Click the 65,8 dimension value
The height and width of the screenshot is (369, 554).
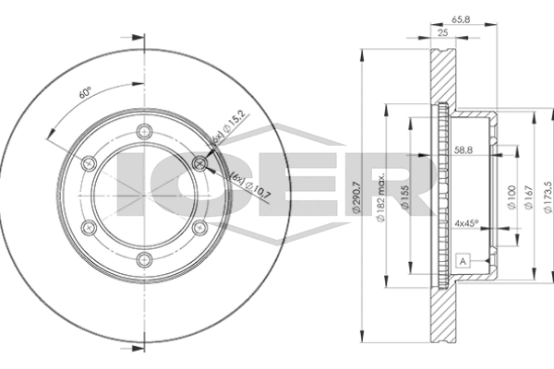click(x=461, y=19)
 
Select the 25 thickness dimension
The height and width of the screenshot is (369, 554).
click(x=442, y=33)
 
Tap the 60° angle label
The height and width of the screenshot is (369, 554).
click(x=85, y=92)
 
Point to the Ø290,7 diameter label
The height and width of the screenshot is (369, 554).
click(x=356, y=197)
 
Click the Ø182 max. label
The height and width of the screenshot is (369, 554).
click(x=380, y=198)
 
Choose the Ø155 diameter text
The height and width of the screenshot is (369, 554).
click(x=405, y=197)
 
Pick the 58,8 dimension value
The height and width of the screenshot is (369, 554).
click(x=464, y=150)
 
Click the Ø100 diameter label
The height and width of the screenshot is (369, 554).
click(x=512, y=197)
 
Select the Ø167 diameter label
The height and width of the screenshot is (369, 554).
click(x=528, y=197)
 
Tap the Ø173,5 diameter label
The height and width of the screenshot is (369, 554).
click(x=548, y=197)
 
